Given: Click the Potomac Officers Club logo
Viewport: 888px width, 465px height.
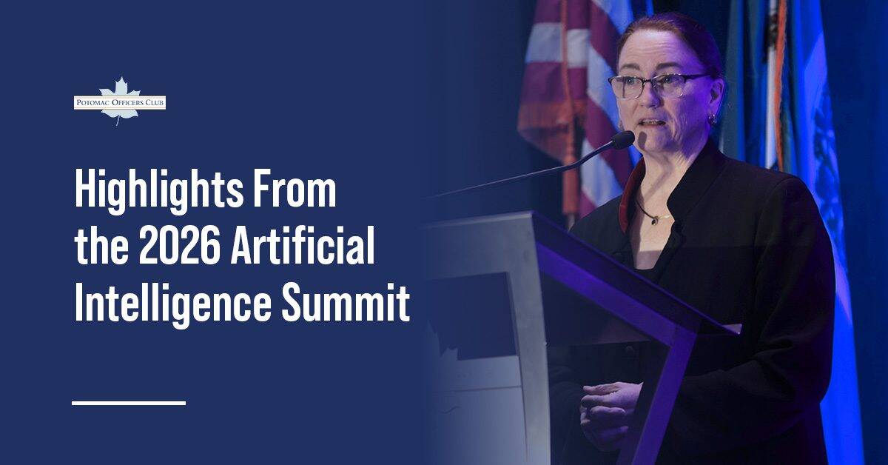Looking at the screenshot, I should point(119,101).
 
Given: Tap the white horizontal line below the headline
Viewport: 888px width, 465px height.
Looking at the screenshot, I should point(128,402).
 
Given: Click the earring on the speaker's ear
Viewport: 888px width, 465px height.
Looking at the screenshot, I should point(712,118).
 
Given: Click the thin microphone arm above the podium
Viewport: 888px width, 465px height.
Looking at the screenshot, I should point(518,174).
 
